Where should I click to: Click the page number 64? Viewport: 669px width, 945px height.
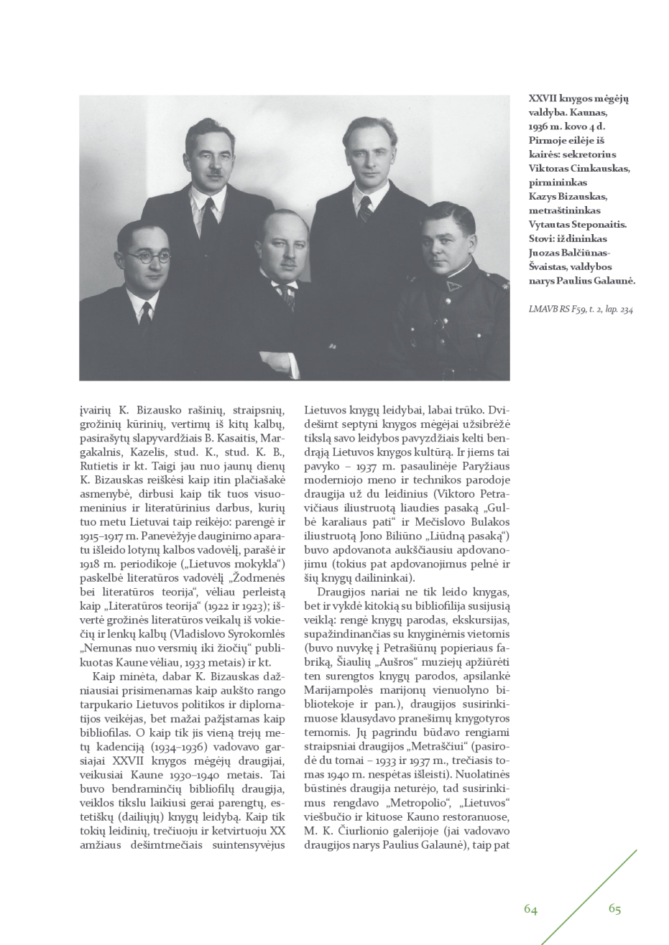pos(530,909)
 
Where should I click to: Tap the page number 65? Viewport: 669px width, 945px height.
pos(614,908)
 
